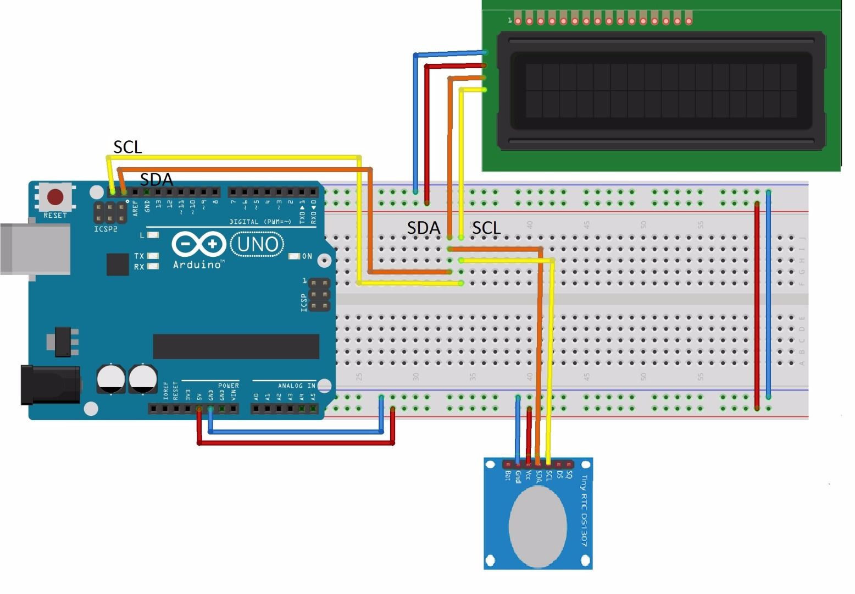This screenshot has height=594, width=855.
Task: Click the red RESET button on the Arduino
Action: (55, 197)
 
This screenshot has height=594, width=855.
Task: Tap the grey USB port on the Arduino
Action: (35, 249)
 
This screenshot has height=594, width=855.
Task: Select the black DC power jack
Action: (49, 384)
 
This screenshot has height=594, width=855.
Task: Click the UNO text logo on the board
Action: (257, 244)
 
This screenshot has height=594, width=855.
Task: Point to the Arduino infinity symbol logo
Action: (199, 244)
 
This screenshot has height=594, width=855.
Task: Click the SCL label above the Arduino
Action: (127, 147)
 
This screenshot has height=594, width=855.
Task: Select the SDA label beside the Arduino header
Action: (156, 179)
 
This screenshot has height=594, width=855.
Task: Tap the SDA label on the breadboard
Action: (423, 228)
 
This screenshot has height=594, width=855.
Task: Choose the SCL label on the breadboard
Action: (486, 228)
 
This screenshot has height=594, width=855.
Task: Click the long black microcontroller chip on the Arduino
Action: (236, 346)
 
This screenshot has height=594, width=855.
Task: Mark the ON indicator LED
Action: (294, 256)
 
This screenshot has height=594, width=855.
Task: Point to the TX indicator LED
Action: (153, 256)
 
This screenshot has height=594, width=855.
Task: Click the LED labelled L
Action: (153, 235)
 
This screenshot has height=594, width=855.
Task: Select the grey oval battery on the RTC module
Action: (537, 526)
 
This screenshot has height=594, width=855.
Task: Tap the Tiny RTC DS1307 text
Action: (584, 511)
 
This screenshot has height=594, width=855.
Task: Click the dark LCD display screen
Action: (661, 91)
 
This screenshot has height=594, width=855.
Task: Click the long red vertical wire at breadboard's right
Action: (757, 305)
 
